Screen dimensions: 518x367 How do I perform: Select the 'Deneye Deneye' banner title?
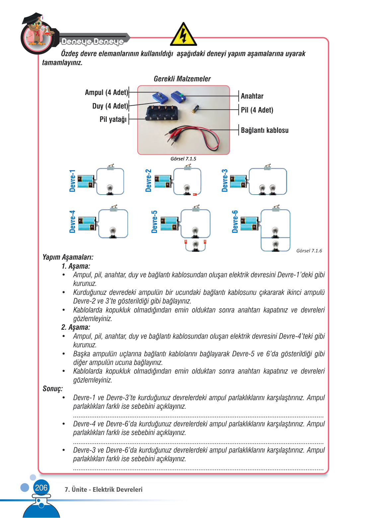[x=92, y=42]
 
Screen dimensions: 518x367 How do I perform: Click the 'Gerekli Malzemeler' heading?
[x=182, y=79]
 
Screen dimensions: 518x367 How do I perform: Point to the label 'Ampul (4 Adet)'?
[x=107, y=92]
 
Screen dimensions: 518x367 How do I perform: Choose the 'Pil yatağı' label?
[x=113, y=119]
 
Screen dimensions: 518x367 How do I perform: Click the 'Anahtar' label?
[x=252, y=96]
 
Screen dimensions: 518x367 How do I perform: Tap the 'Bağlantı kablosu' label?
[x=264, y=130]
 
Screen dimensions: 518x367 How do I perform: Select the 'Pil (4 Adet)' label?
[x=257, y=110]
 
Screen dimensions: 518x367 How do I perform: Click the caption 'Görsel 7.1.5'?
[x=183, y=159]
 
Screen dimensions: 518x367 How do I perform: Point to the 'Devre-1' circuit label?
[x=72, y=181]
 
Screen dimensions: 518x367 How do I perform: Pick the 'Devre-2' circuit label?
[x=148, y=181]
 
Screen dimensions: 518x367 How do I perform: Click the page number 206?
[x=41, y=487]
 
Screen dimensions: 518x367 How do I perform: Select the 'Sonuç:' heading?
[x=52, y=388]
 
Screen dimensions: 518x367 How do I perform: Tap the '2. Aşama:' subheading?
[x=76, y=327]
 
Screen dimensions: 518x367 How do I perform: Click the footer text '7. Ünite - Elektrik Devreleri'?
[x=104, y=489]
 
